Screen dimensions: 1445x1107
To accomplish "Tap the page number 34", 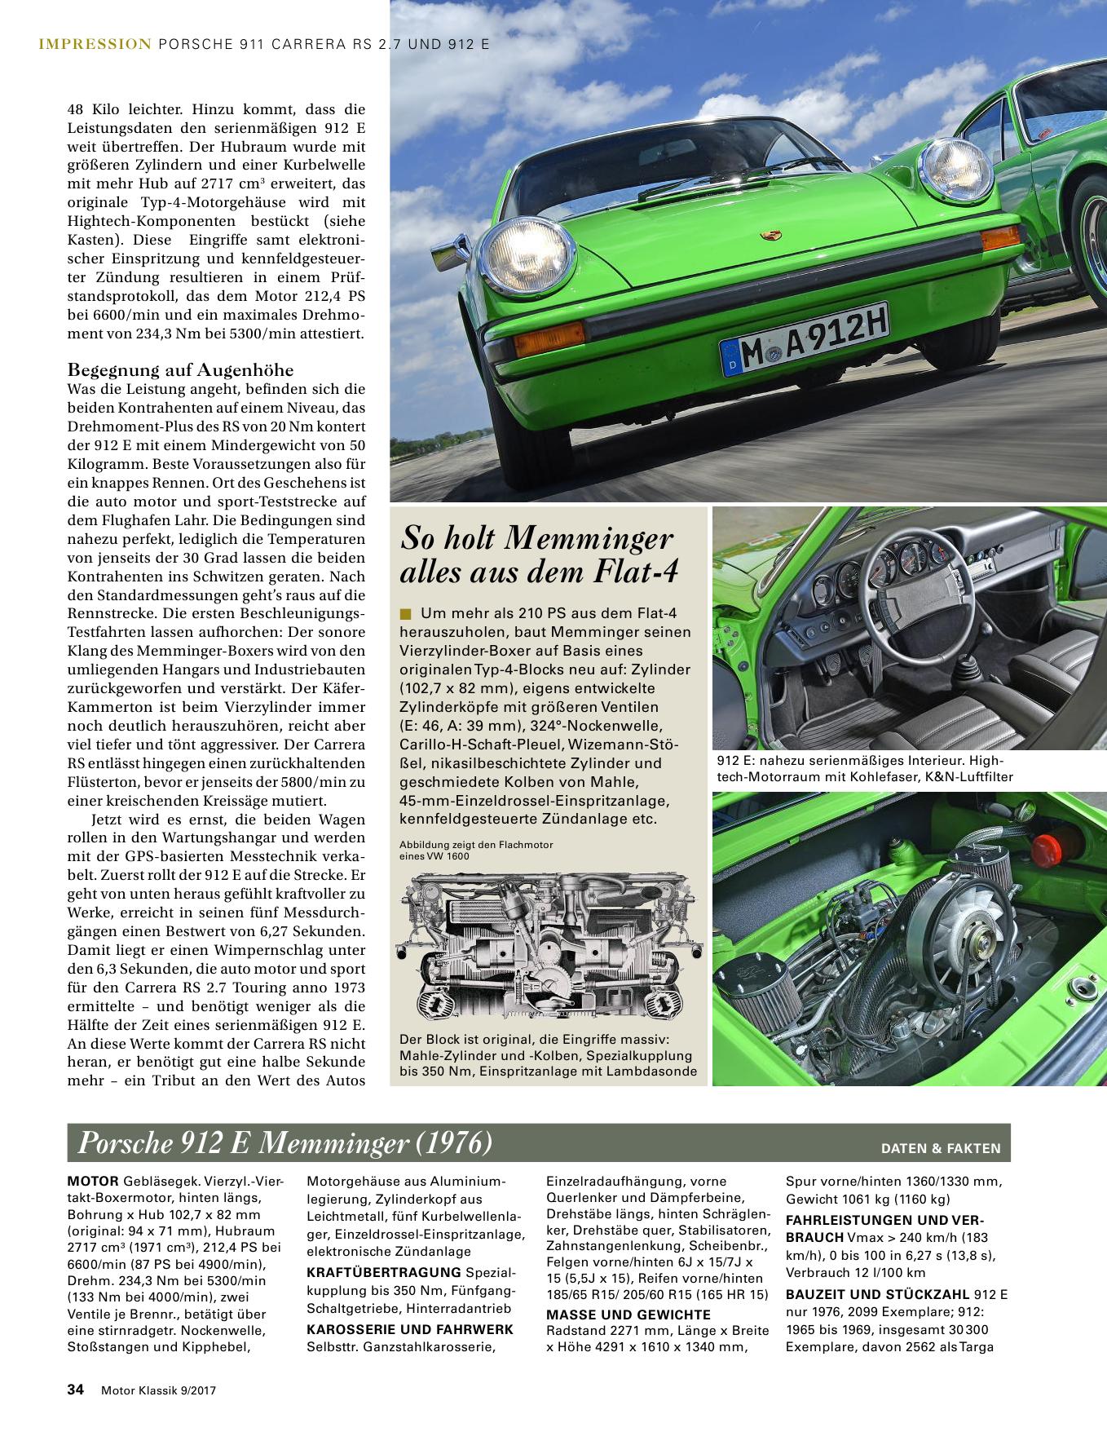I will tap(76, 1413).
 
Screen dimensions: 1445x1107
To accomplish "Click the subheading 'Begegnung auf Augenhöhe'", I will tap(180, 369).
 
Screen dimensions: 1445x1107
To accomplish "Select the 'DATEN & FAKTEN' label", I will tap(940, 1148).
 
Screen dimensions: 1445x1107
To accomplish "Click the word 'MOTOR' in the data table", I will tap(93, 1181).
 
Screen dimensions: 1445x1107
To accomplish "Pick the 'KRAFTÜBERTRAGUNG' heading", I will tap(382, 1272).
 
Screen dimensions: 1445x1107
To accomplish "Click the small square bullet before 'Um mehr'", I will tap(406, 613).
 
